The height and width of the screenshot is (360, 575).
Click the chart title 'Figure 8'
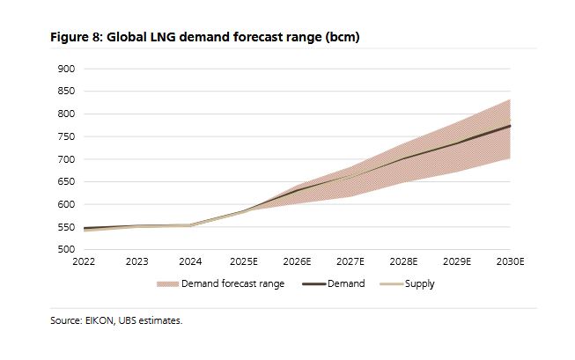[78, 38]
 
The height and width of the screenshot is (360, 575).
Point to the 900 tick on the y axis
[66, 69]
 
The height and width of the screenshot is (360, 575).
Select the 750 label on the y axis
[66, 136]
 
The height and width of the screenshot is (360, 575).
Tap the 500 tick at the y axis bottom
[66, 250]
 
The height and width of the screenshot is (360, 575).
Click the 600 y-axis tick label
[66, 205]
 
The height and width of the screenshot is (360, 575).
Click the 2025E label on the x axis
[243, 262]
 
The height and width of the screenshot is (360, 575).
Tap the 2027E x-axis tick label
[350, 262]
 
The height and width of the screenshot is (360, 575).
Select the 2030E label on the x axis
[510, 262]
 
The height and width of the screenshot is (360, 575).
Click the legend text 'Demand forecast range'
[232, 284]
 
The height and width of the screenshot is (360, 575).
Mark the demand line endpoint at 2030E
[510, 126]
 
